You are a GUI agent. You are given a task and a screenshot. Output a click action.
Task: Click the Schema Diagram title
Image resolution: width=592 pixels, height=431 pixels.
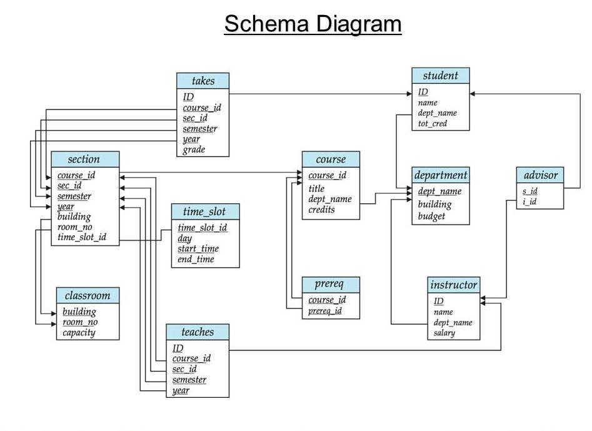coord(313,24)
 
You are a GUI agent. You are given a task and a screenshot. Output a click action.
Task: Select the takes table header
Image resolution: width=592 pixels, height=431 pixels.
coord(203,81)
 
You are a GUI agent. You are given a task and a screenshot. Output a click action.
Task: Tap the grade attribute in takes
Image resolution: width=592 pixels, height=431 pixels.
coord(194,150)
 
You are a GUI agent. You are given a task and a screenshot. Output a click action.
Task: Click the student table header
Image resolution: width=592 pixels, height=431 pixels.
coord(440,76)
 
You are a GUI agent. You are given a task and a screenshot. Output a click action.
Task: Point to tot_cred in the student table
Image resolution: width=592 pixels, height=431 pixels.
coord(433,124)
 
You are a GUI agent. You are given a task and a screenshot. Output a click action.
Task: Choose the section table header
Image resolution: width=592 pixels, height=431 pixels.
coord(84,159)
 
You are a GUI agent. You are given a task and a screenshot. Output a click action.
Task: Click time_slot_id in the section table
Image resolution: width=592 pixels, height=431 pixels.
coord(82,237)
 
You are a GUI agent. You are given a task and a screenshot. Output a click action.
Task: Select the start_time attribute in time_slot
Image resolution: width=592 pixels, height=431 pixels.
coord(198,248)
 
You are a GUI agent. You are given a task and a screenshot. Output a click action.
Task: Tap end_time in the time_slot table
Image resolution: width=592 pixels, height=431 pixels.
coord(196,259)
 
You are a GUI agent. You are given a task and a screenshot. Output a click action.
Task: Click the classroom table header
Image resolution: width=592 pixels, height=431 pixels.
coord(87,295)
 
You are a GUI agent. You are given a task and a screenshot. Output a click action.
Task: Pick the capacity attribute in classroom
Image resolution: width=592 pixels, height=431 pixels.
coord(79,332)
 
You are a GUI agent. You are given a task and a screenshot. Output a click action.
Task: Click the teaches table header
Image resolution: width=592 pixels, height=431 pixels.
coord(197,332)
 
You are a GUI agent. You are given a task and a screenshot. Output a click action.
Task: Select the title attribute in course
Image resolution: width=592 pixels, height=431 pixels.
coord(316,188)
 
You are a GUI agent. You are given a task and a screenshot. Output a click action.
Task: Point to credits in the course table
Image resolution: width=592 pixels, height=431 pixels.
coord(321,210)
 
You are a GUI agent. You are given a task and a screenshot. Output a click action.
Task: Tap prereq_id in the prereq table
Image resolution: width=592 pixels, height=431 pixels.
coord(325,310)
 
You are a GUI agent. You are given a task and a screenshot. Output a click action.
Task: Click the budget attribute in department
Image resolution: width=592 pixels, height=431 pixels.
coord(431,216)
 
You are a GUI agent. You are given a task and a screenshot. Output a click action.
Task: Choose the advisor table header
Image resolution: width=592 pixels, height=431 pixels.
coord(540,175)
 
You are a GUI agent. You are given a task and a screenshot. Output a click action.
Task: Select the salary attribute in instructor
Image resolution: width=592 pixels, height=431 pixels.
coord(444,333)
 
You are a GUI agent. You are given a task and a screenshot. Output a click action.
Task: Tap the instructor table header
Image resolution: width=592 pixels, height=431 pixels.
coord(454,285)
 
